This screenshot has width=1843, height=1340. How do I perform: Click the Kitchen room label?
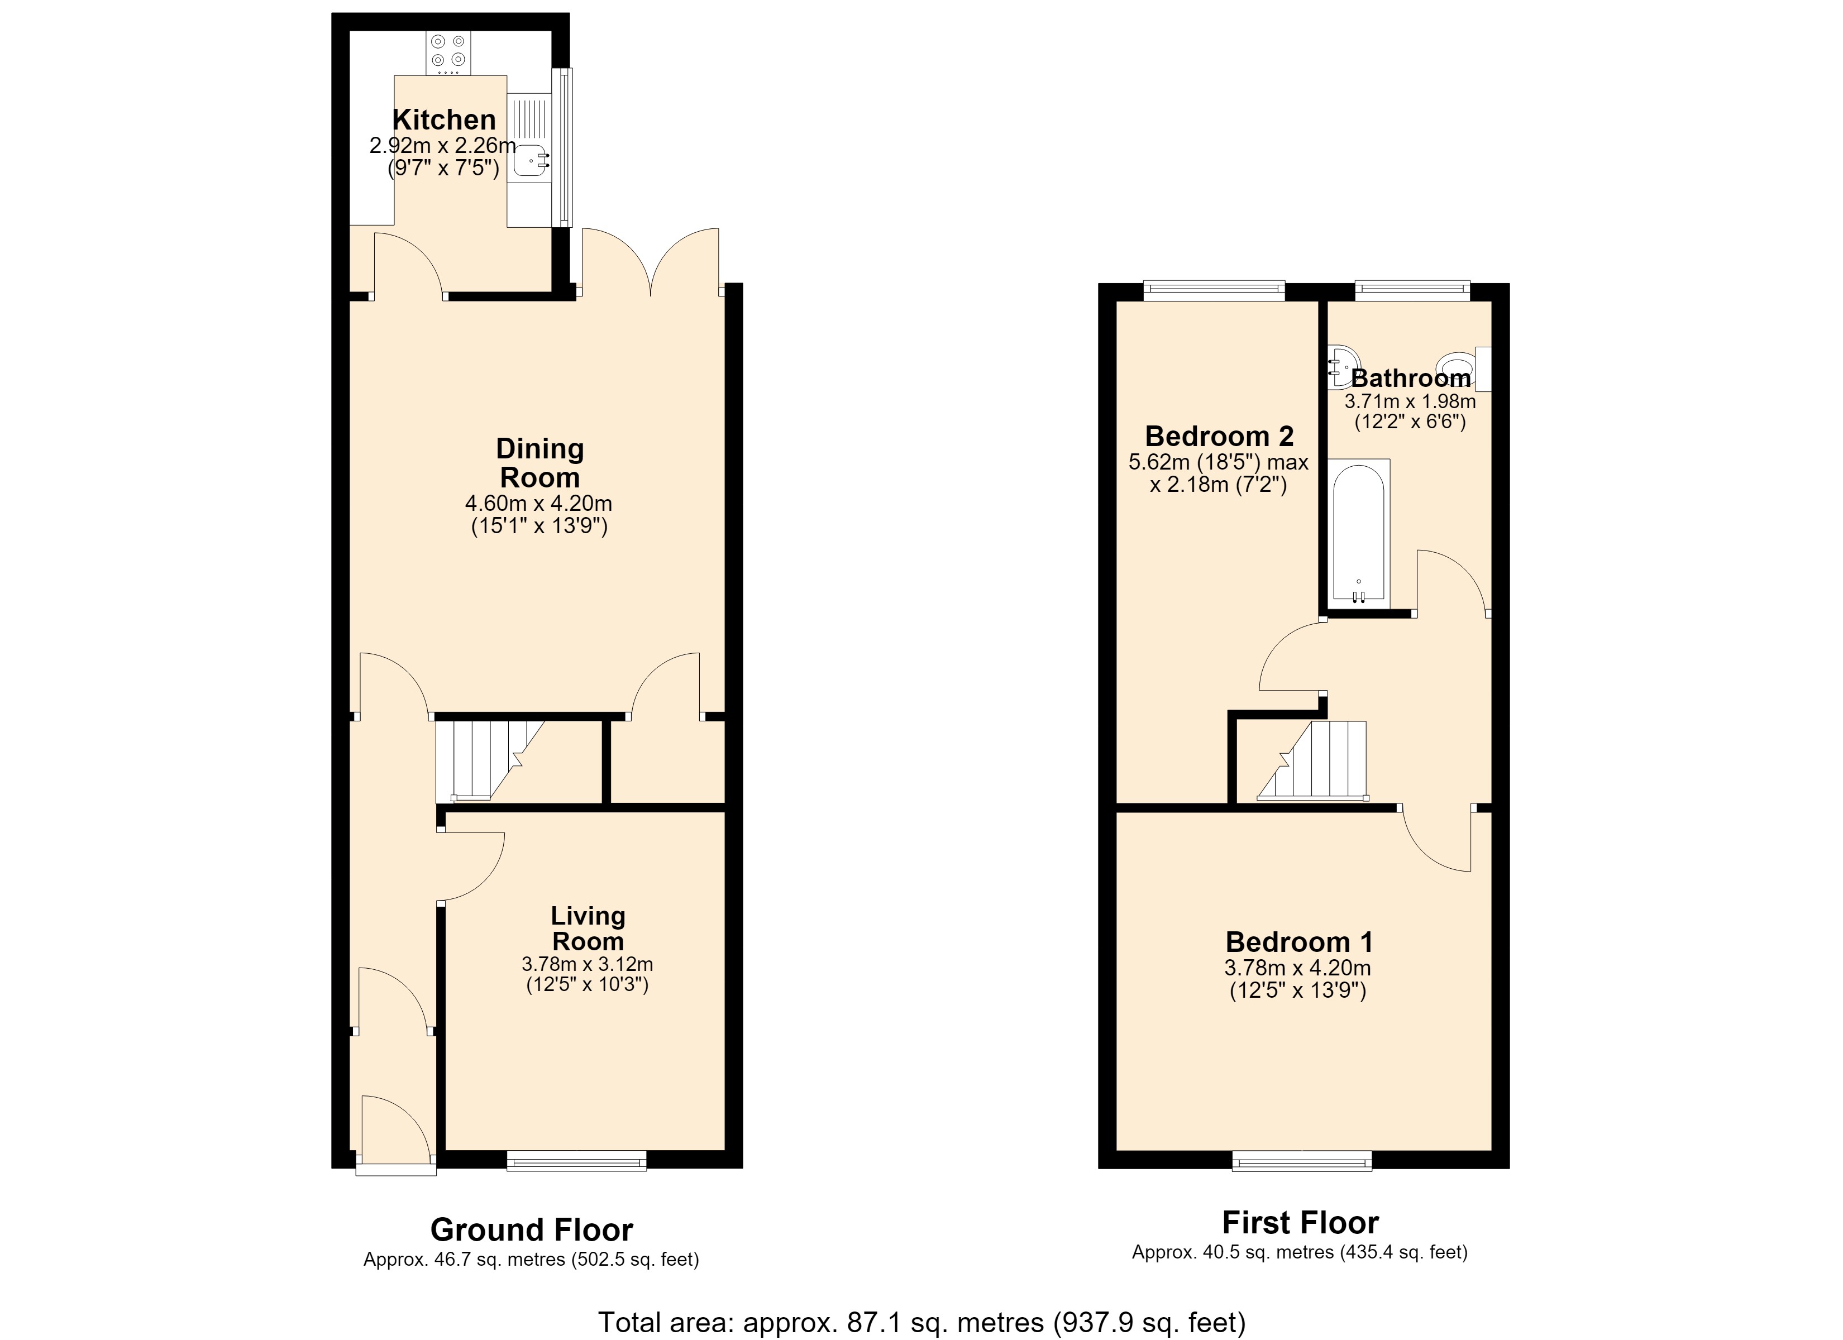coord(443,119)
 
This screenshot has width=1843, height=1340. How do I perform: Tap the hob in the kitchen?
coord(448,53)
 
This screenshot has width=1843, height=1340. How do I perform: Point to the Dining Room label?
coord(539,462)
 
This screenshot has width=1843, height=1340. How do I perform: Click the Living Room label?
coord(588,928)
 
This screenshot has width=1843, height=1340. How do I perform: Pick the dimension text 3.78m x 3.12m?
coord(588,965)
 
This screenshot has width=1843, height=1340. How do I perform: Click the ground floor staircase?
coord(490,760)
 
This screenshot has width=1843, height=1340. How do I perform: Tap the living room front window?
coord(576,1160)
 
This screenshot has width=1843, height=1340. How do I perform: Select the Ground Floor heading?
coord(532,1229)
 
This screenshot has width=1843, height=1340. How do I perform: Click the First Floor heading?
coord(1300,1222)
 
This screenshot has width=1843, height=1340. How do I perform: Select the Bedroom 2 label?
coord(1219,437)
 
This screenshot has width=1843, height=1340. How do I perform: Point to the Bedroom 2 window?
coord(1214,290)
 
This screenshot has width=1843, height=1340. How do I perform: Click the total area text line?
coord(921,1322)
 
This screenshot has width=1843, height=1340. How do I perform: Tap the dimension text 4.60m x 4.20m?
coord(539,504)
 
